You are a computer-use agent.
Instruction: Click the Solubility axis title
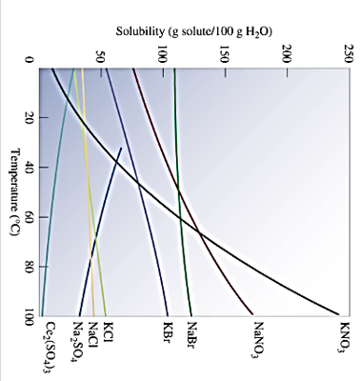click(x=194, y=31)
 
